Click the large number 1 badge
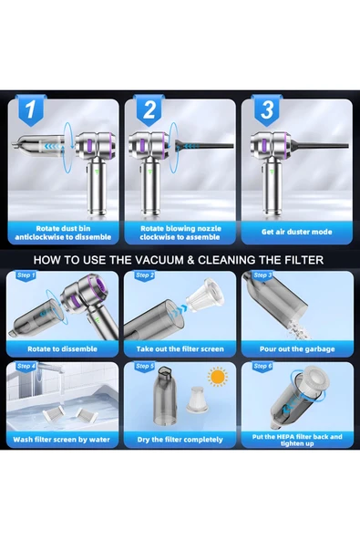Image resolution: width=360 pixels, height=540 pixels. pos(30,109)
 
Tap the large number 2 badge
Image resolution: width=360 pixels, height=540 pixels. pos(149,109)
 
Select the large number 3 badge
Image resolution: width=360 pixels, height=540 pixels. pos(267,109)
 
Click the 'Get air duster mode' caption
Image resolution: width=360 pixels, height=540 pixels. pos(297,232)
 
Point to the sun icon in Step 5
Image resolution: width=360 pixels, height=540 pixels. pos(218,377)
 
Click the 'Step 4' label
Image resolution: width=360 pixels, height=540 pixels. pos(26,366)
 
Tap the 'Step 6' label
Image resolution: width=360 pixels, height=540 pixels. pos(262,366)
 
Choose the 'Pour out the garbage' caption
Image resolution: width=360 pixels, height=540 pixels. pos(297,348)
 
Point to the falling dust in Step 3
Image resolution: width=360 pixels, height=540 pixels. pos(297,328)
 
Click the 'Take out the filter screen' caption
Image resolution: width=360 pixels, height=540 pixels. pos(180,348)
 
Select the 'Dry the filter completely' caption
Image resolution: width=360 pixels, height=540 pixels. pos(180,440)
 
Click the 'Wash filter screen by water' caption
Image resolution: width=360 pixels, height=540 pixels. pos(62,440)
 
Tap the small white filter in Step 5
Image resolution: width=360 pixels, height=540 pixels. pos(197,400)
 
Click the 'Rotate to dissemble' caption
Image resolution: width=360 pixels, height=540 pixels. pos(62,348)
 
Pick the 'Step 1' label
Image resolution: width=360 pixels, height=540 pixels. pos(26,275)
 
